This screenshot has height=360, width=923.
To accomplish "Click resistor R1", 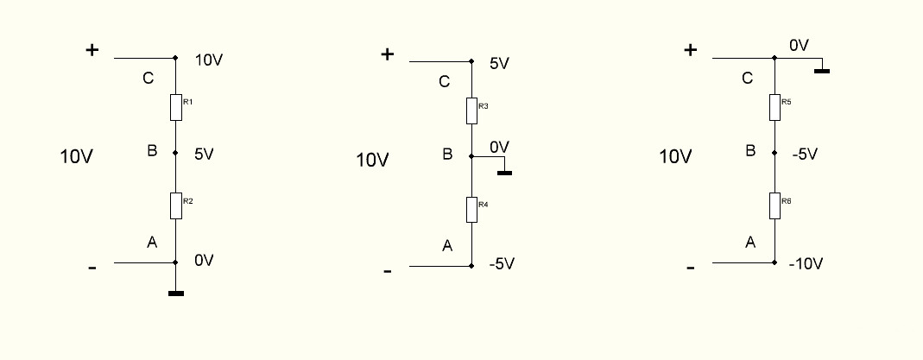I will tap(176, 108).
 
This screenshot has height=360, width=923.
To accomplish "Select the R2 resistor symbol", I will tap(176, 205).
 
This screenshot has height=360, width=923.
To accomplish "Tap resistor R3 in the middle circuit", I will tap(471, 111).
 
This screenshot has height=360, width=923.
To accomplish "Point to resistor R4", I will tap(471, 209).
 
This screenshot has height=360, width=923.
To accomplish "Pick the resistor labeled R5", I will tap(774, 106).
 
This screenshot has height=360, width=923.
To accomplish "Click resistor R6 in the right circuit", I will tap(774, 205).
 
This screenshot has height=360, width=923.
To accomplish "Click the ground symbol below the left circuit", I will tap(176, 294).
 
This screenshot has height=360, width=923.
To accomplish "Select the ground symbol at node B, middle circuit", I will tap(505, 173).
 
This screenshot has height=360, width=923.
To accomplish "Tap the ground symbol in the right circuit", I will tap(822, 70).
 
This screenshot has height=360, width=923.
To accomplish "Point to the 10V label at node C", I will tap(210, 61).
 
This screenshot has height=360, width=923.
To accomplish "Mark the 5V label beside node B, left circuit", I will tap(204, 155).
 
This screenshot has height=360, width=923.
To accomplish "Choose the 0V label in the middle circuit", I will tap(500, 148).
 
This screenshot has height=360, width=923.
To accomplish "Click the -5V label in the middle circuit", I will tap(501, 263).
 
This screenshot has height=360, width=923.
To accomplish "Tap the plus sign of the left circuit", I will tap(92, 50).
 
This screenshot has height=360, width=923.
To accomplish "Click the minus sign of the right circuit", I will tap(690, 268).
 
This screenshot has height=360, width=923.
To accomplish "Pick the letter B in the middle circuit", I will tap(447, 155).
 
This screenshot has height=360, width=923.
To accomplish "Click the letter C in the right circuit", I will tap(748, 79).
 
